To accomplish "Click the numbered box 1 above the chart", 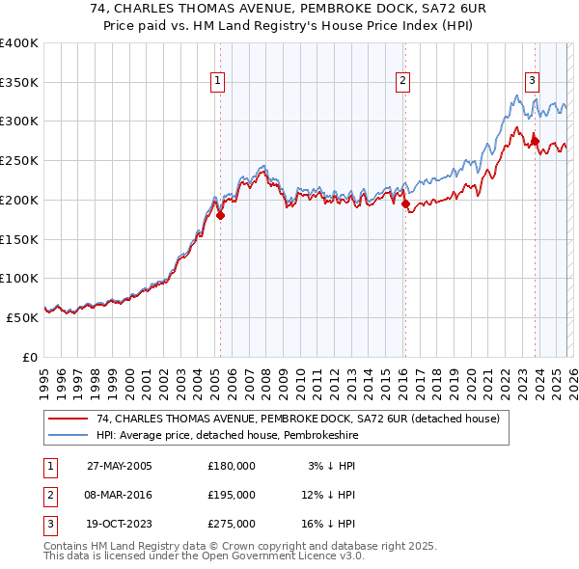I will (219, 81).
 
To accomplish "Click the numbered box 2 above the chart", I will (402, 81).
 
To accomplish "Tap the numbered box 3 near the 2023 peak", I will (533, 81).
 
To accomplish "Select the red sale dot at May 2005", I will (220, 215).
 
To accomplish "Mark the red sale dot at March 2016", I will (404, 203).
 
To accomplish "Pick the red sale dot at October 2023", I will (535, 141).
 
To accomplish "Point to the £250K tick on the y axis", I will (19, 160).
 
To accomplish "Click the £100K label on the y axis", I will (19, 278).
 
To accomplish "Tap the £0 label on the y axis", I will (29, 357).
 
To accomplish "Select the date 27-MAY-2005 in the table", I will (119, 465).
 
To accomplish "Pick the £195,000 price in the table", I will (232, 495).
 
